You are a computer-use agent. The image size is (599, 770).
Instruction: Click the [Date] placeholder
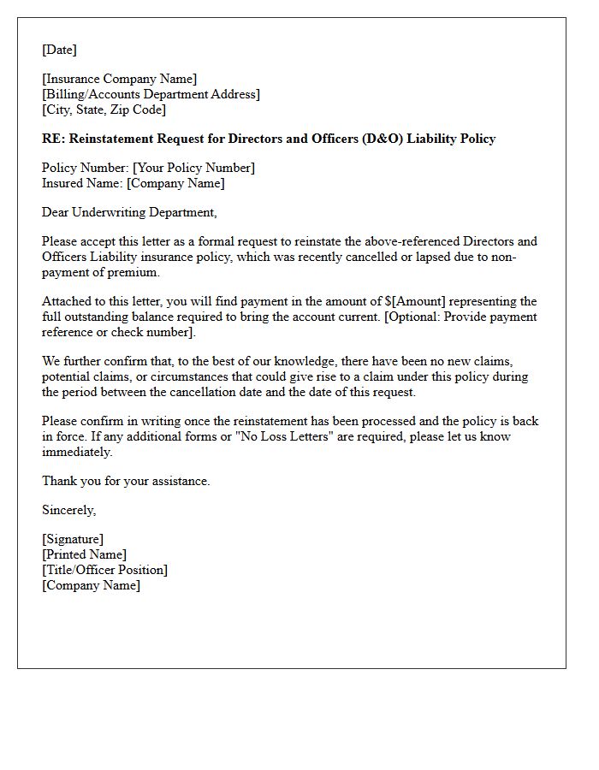[x=59, y=50]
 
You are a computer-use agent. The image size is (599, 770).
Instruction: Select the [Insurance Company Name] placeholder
[x=119, y=80]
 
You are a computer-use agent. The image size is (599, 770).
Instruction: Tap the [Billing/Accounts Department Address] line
[x=151, y=94]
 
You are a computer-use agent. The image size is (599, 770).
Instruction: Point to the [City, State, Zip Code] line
[x=104, y=110]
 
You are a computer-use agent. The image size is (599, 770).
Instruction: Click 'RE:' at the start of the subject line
[x=52, y=139]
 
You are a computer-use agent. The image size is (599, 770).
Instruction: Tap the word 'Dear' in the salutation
[x=56, y=212]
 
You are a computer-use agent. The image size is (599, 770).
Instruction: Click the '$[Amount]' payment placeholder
[x=415, y=301]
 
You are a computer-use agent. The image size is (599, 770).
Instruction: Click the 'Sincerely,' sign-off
[x=69, y=510]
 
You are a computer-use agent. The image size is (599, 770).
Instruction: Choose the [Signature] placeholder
[x=73, y=539]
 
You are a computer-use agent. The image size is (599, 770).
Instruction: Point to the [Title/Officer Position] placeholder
[x=104, y=570]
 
